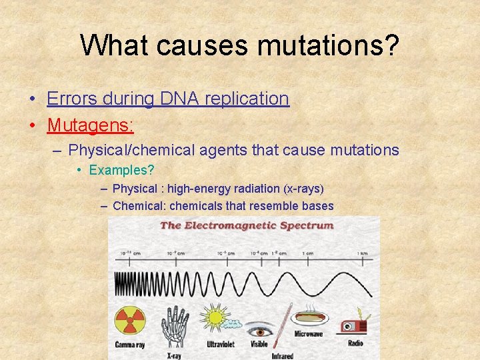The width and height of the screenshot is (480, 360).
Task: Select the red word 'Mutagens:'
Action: (91, 125)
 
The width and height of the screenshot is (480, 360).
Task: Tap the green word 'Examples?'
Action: (121, 170)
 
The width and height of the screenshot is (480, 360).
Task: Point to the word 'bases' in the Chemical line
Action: (319, 206)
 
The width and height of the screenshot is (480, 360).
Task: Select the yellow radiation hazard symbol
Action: (130, 321)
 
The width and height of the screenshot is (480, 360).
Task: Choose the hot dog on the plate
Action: (308, 317)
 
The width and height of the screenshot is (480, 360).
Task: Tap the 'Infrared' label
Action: (282, 355)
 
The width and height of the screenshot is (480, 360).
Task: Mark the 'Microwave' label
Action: (309, 334)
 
